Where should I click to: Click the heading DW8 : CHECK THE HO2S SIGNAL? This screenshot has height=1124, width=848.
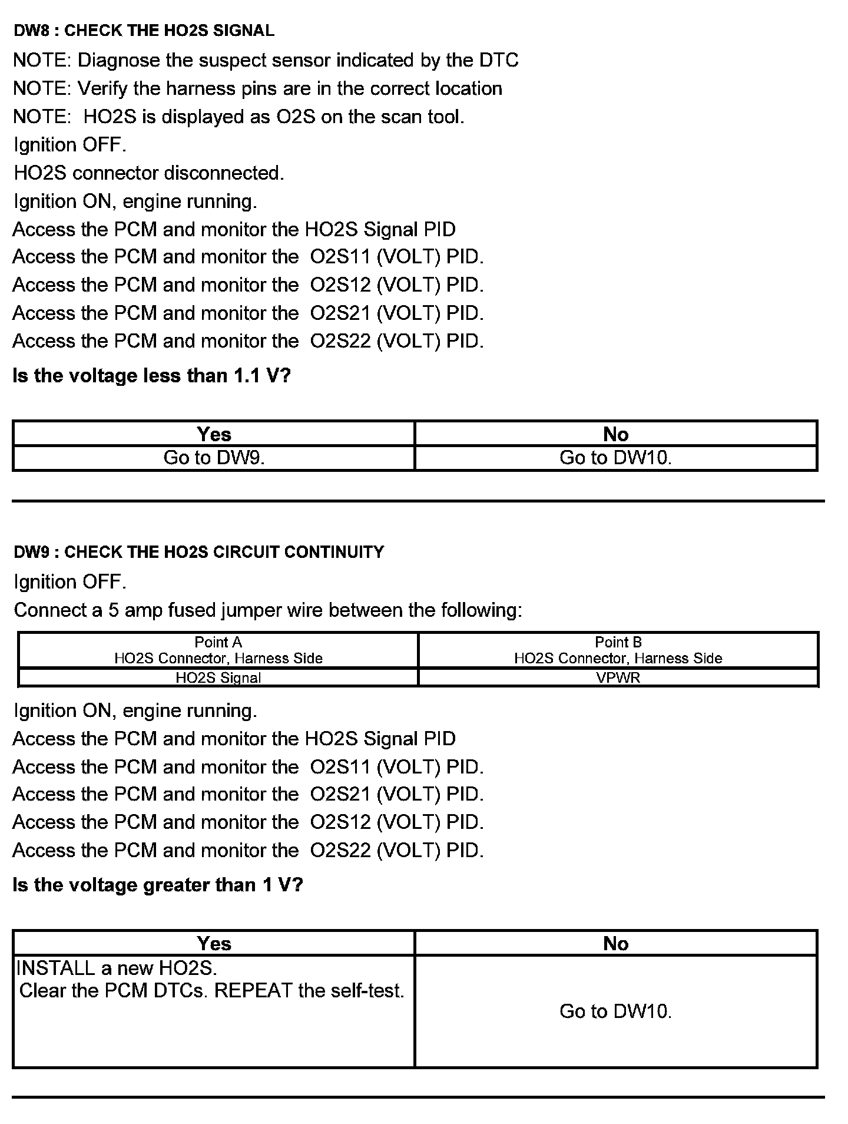click(144, 31)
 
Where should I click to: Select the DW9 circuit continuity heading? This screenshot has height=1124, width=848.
click(198, 552)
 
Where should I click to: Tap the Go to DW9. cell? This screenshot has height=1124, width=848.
click(214, 458)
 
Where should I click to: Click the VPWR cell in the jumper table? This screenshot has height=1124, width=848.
click(618, 677)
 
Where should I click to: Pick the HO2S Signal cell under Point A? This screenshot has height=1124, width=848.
click(218, 677)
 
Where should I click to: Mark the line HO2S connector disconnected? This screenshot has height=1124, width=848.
click(148, 173)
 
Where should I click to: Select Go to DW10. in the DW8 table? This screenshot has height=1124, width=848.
click(615, 458)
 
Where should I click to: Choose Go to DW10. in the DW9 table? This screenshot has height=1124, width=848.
click(615, 1011)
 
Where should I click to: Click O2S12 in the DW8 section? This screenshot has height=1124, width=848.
click(340, 286)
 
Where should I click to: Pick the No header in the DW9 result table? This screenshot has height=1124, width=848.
click(615, 944)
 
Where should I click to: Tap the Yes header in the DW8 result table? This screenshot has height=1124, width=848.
click(214, 435)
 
